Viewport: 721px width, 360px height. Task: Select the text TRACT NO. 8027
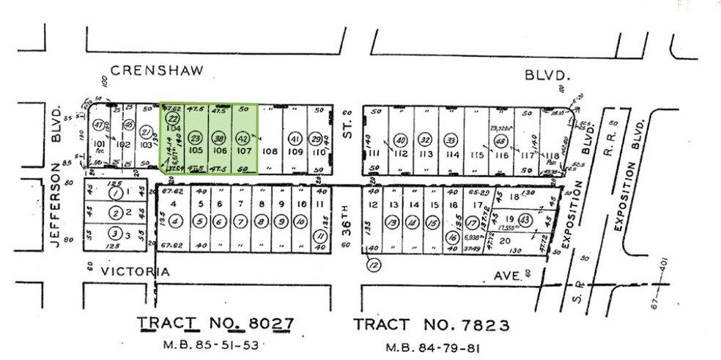tap(216, 323)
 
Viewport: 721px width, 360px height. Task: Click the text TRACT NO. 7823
tap(431, 324)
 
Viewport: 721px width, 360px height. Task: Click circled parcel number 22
tap(173, 118)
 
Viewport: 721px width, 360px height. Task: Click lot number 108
tap(270, 153)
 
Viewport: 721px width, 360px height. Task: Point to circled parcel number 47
tap(99, 125)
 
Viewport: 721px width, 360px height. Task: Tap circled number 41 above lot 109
tap(295, 139)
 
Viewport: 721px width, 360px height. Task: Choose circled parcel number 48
tap(501, 142)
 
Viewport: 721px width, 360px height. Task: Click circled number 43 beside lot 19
tap(525, 220)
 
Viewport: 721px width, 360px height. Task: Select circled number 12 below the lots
tap(374, 265)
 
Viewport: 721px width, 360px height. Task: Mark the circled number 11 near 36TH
tap(319, 235)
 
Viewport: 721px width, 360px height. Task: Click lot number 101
tap(100, 144)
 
